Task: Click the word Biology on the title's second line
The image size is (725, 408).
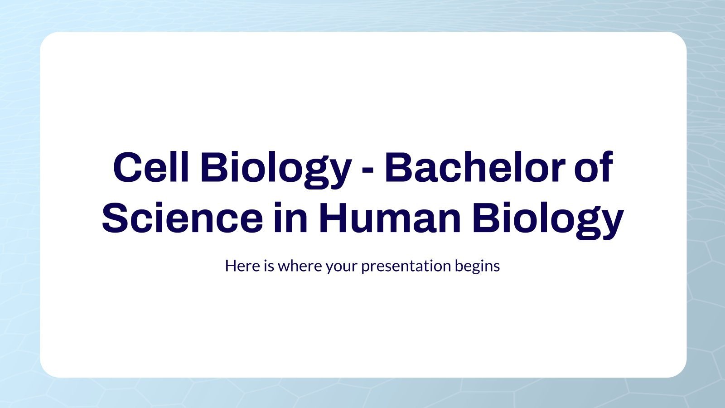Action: pyautogui.click(x=547, y=219)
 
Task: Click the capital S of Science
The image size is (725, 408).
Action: pyautogui.click(x=116, y=219)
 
